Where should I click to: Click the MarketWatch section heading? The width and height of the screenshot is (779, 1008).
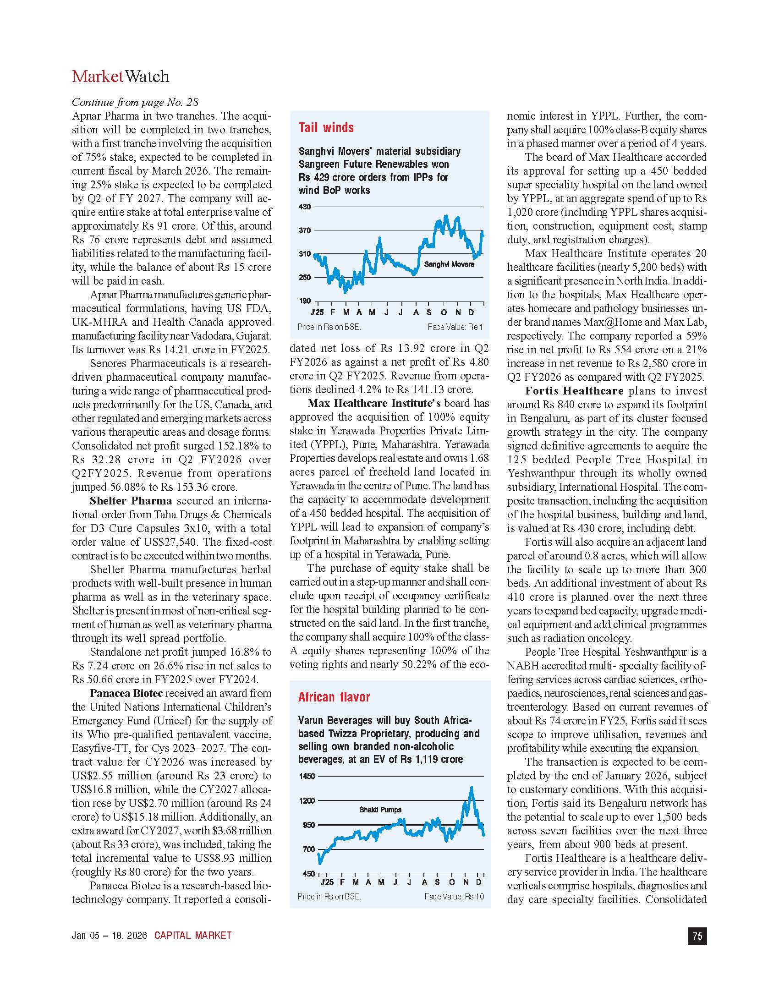pos(121,77)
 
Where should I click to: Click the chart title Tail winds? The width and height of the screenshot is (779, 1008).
pos(326,128)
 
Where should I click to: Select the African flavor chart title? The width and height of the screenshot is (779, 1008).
pos(334,697)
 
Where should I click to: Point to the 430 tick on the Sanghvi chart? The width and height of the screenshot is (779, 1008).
pos(305,207)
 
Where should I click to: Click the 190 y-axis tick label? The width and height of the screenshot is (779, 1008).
pos(305,301)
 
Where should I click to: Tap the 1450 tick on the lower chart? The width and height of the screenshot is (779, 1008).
pos(307,776)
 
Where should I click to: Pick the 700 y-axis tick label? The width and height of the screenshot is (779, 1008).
pos(309,849)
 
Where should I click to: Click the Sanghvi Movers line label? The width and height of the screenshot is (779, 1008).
pos(449,264)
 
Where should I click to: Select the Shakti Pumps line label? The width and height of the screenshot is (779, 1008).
pos(380,810)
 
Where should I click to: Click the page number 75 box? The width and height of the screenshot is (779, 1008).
pos(697,936)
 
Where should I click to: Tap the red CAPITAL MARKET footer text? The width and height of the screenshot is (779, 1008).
pos(192,936)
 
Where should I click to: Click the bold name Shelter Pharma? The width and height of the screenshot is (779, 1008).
pos(131,501)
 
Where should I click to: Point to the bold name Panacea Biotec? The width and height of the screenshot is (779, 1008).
pos(126,693)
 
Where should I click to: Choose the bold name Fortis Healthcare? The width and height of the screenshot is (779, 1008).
pos(574,391)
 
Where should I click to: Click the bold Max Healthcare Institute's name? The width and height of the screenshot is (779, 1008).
pos(374,403)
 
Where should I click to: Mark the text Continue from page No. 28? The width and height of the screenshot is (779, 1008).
pos(135,102)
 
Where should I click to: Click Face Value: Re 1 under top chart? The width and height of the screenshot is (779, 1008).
pos(455,327)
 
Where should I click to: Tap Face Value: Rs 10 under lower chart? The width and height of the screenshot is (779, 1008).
pos(454,896)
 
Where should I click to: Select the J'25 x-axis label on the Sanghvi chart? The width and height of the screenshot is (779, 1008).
pos(317,312)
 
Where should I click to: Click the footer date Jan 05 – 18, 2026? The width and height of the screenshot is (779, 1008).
pos(109,936)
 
